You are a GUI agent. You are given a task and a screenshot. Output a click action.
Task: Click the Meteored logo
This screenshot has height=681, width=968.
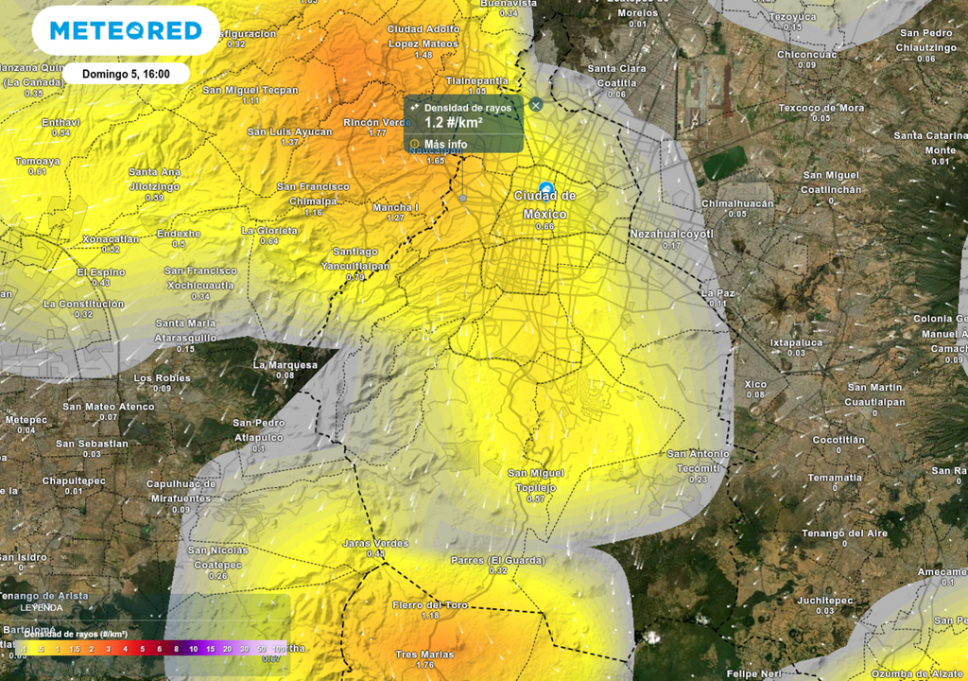(126, 30)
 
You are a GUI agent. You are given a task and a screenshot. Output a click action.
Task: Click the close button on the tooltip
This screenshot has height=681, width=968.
(536, 105)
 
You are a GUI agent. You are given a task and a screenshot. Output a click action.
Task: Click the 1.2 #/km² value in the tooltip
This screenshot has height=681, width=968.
(454, 123)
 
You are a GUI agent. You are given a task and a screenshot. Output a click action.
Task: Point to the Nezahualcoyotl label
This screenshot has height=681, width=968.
(670, 233)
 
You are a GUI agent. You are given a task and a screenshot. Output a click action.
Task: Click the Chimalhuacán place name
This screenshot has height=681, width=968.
(737, 203)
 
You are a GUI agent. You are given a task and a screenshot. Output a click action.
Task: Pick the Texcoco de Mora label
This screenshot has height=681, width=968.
(821, 108)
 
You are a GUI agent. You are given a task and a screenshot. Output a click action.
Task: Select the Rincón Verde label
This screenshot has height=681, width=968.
(376, 122)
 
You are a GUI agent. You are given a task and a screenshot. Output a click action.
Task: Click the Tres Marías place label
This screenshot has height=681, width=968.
(424, 655)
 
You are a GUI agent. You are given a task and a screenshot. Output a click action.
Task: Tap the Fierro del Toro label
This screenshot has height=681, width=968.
(430, 604)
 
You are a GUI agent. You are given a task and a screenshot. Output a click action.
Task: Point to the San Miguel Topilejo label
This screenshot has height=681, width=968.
(536, 480)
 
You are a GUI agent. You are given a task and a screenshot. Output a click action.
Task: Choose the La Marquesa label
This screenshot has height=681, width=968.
(285, 364)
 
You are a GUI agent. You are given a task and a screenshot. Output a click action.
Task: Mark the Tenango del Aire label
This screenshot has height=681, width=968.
(844, 533)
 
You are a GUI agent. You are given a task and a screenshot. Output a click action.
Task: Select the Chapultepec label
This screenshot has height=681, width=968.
(75, 480)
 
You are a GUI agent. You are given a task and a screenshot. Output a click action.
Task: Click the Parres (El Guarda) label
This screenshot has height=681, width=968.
(498, 560)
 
